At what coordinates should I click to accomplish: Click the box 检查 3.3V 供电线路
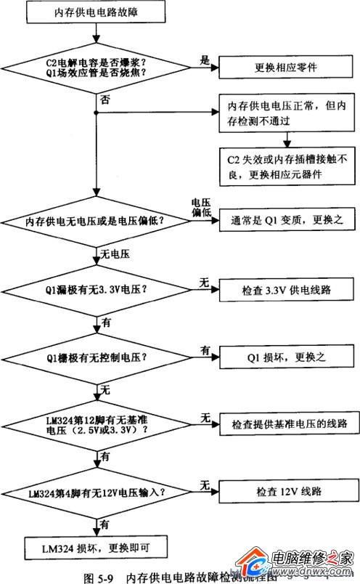tap(288, 289)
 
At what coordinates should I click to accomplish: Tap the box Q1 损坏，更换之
tap(288, 357)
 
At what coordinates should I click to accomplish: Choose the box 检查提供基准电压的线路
tap(288, 423)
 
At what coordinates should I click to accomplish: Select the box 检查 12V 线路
tap(288, 492)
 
